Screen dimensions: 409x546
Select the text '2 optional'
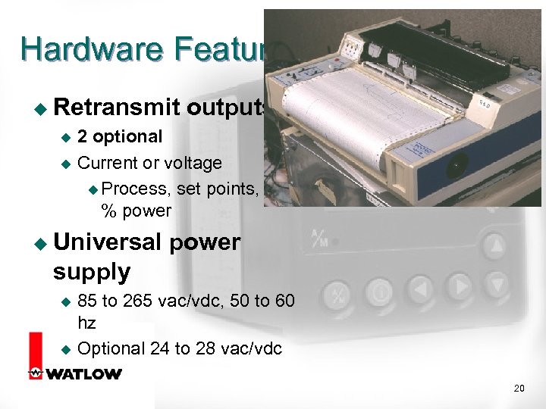coord(120,137)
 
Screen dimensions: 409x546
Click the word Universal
coord(108,243)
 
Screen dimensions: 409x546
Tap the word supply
coord(92,270)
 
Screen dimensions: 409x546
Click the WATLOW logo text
coord(83,373)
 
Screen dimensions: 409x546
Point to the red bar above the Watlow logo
coord(34,349)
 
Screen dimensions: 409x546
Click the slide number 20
coord(519,389)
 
